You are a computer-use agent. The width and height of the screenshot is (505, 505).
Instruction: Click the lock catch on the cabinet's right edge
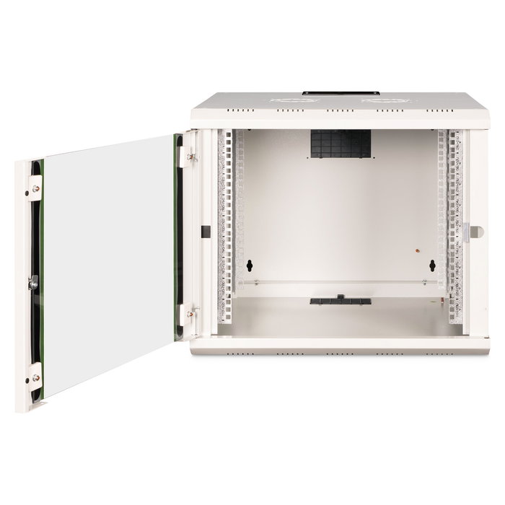(475, 232)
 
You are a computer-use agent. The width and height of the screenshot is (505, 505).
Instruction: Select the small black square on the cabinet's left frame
(205, 232)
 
